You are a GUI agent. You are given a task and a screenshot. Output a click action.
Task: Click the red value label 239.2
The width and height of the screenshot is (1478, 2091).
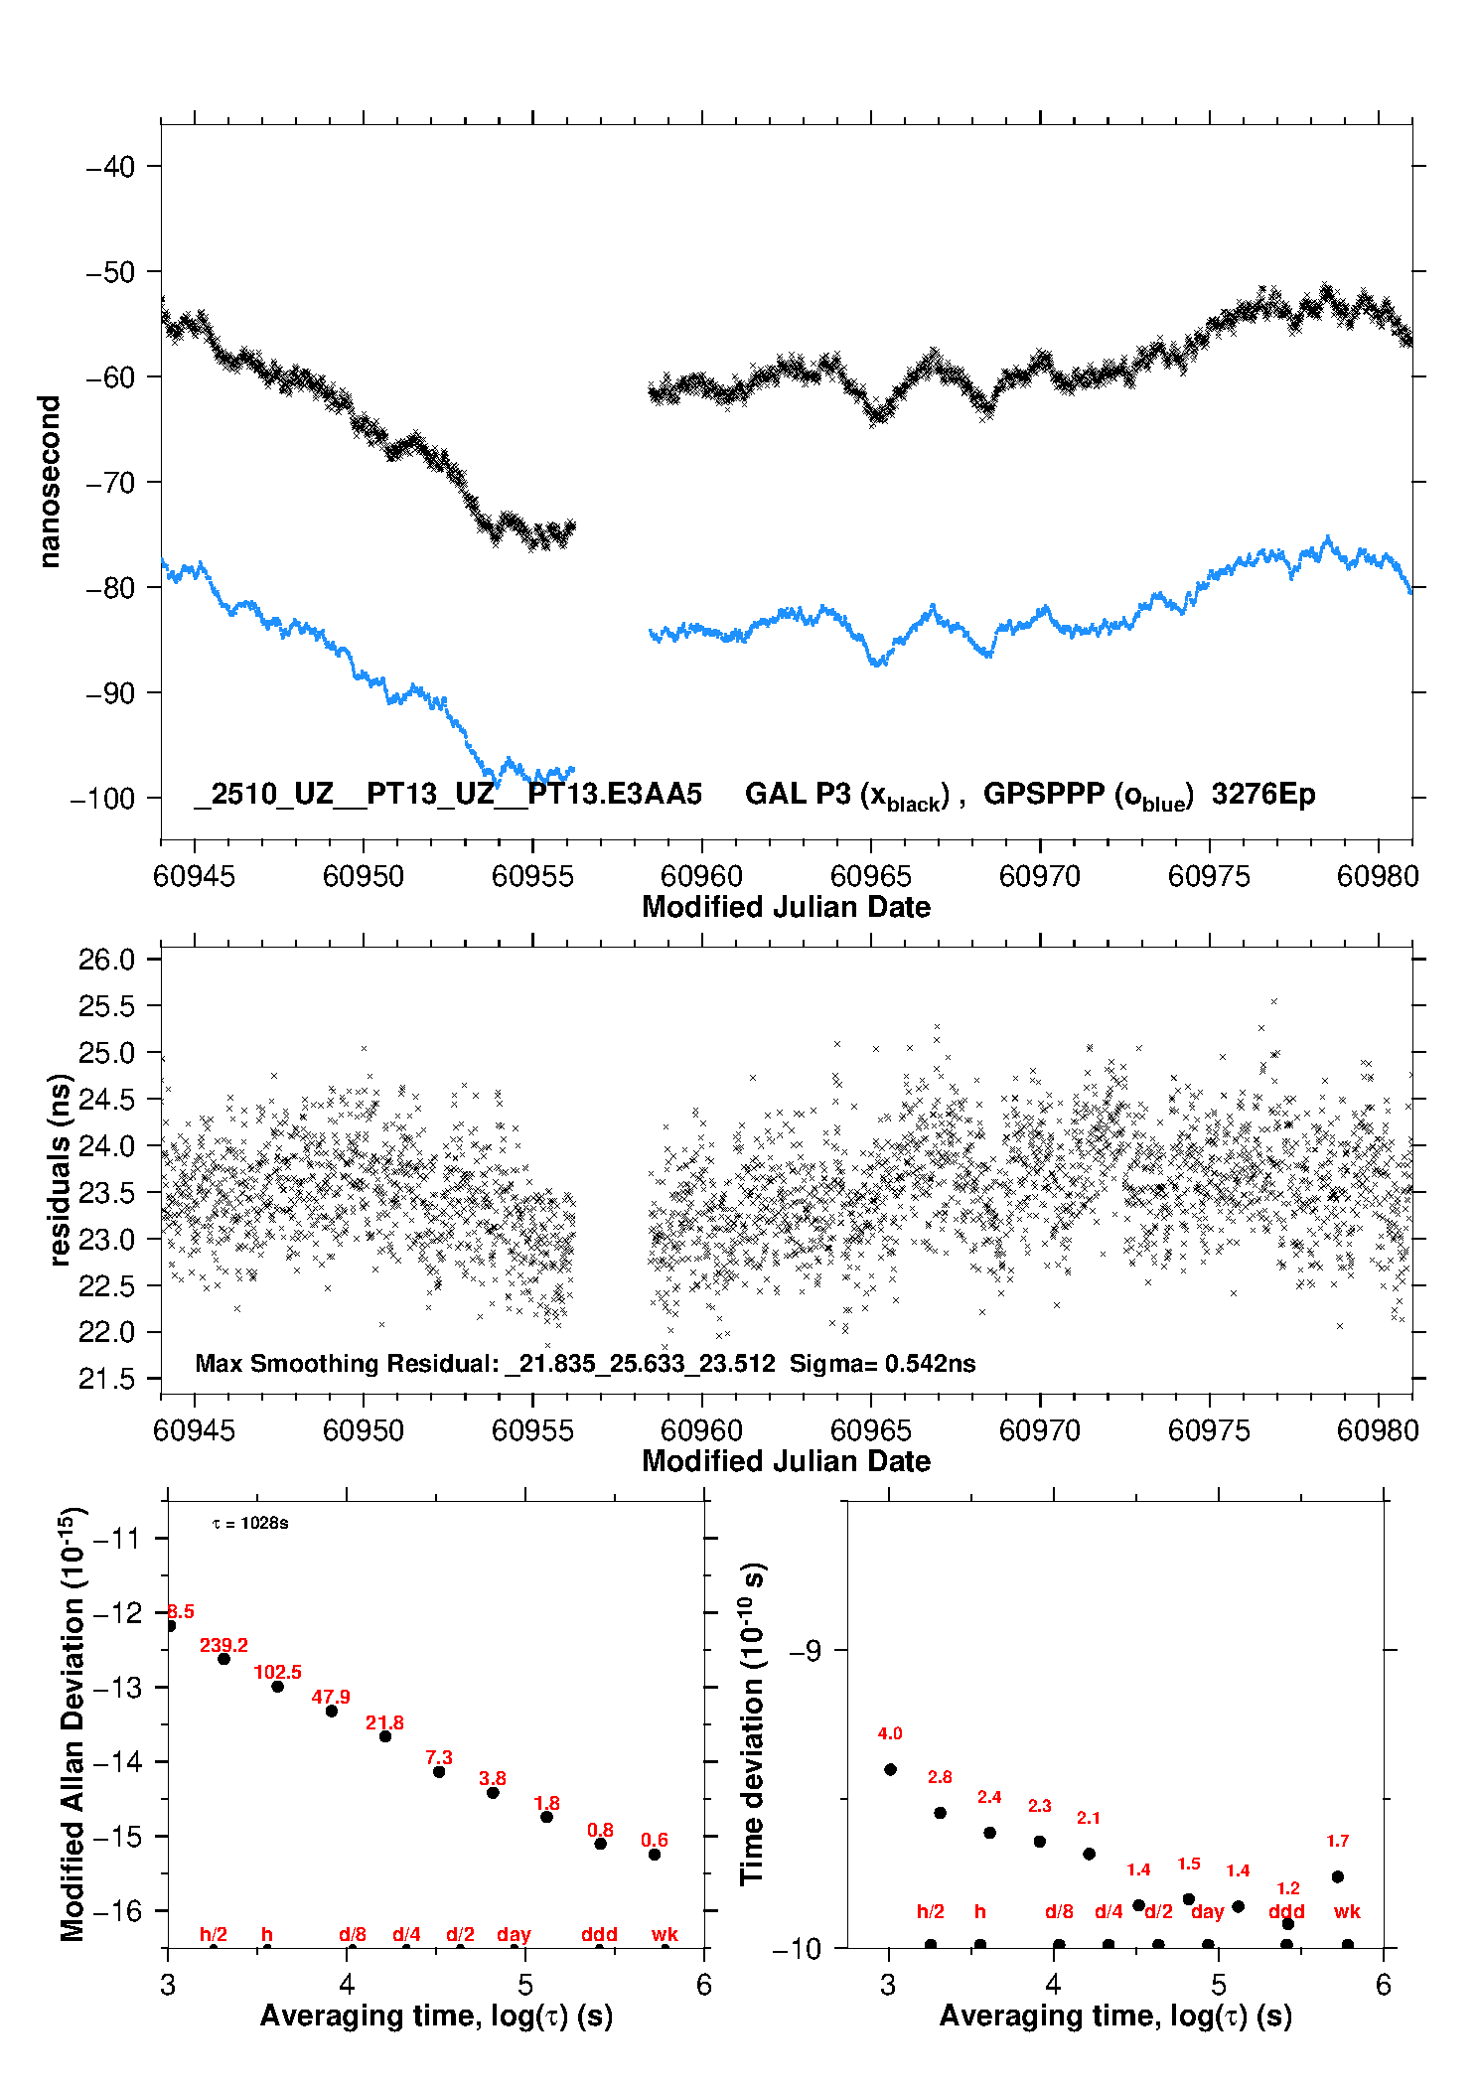pos(223,1645)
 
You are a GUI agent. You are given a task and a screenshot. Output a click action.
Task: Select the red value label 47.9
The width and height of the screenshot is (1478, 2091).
pos(331,1697)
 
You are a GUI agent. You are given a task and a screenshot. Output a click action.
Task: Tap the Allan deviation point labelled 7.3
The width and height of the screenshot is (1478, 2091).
pos(439,1771)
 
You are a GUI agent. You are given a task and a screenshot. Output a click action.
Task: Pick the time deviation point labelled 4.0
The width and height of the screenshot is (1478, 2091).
pos(890,1769)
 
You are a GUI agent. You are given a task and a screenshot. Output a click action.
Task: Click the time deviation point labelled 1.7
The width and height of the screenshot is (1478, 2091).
pos(1338,1876)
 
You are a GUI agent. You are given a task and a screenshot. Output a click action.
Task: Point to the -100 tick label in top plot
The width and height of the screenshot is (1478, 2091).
pos(102,799)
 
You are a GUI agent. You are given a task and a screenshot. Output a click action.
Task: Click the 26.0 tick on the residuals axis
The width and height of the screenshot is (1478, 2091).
pos(106,960)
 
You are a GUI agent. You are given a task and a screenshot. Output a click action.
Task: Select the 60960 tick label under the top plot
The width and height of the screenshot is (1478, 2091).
pos(701,876)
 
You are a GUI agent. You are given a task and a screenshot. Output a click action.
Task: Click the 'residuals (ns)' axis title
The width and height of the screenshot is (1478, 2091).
pos(61,1170)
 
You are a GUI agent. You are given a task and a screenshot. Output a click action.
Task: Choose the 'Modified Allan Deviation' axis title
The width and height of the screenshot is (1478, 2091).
pos(73,1723)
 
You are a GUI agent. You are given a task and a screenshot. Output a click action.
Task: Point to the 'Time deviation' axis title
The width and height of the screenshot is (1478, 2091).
pos(752,1724)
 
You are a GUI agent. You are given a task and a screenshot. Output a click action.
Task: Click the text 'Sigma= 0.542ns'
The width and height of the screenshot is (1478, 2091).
pos(882,1363)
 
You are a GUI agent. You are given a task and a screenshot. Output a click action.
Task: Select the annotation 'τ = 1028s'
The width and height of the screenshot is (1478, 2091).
pos(250,1524)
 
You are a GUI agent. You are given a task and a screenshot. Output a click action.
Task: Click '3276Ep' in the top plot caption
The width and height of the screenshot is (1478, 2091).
pos(1262,794)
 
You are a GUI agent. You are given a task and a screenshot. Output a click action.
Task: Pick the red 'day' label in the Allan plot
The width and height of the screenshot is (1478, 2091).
pos(514,1934)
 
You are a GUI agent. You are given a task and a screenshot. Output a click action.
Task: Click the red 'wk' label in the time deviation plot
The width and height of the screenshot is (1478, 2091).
pos(1347,1911)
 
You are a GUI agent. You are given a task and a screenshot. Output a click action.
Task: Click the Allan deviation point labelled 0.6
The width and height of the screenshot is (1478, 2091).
pos(655,1855)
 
